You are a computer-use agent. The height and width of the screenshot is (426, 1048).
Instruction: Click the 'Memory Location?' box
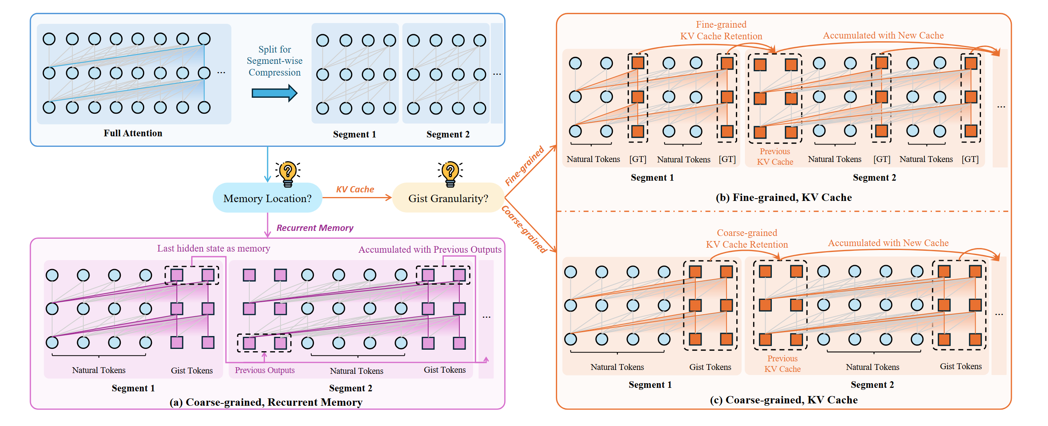click(267, 198)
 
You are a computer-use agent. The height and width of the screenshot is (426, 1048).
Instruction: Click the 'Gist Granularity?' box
click(448, 198)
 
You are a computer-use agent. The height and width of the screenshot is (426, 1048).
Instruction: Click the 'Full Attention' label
click(132, 133)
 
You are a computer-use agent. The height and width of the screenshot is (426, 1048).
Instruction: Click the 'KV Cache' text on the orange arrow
click(355, 189)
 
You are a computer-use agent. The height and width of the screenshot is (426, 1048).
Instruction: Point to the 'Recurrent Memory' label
click(314, 228)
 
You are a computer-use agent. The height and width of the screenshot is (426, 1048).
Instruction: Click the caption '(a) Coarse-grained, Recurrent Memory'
click(266, 401)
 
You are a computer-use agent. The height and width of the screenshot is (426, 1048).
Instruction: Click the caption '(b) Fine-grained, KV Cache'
click(783, 197)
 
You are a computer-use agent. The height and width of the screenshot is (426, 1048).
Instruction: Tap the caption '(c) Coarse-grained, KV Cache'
click(783, 400)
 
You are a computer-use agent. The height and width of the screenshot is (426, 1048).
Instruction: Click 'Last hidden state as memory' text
click(213, 248)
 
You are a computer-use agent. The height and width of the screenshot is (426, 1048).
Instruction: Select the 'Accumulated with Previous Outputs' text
click(429, 249)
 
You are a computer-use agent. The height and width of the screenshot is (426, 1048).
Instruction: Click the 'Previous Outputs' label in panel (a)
click(265, 370)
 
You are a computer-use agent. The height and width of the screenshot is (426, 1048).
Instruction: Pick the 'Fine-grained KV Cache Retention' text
click(721, 30)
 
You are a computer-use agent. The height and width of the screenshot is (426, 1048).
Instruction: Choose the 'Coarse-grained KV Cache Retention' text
click(746, 239)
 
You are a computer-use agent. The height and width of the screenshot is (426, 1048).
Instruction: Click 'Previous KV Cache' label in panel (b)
click(775, 157)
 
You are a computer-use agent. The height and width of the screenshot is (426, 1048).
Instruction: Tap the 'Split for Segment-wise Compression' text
click(275, 61)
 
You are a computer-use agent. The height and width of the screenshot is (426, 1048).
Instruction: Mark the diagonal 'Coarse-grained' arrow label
click(524, 229)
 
